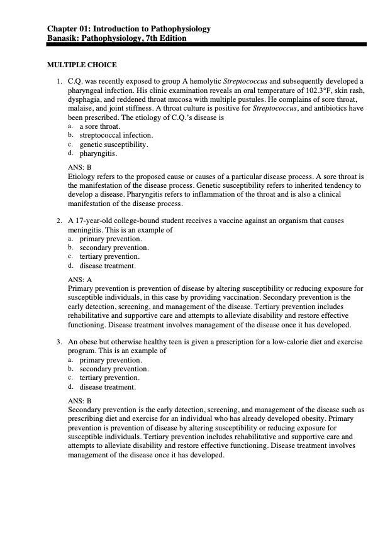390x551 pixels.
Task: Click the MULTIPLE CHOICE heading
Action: click(x=82, y=65)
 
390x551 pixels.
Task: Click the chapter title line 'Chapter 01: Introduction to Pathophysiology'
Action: click(x=129, y=29)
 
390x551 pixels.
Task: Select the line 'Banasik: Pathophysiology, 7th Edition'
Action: click(x=116, y=38)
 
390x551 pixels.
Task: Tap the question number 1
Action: click(x=58, y=82)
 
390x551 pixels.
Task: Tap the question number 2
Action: click(x=58, y=221)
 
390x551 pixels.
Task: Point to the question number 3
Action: click(x=58, y=342)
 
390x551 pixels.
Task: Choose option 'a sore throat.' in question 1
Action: click(x=100, y=126)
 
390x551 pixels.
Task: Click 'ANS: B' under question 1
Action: click(x=79, y=168)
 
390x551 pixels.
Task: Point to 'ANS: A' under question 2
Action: click(x=79, y=279)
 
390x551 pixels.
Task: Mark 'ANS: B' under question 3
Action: click(x=79, y=400)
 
